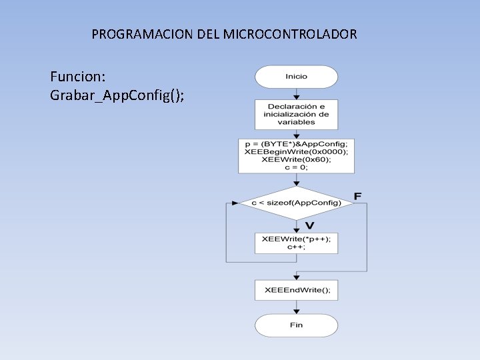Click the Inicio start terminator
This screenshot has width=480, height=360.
(296, 77)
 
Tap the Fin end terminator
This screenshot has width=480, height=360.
(296, 325)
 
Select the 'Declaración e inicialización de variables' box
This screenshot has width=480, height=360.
(296, 114)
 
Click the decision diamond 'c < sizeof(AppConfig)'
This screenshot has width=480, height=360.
(296, 203)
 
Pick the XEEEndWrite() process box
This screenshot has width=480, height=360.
(296, 290)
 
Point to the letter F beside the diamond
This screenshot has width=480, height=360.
(358, 196)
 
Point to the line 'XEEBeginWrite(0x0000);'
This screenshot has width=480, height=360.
(296, 152)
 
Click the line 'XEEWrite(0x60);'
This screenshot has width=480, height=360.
(296, 159)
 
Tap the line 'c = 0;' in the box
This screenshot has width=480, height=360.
(296, 167)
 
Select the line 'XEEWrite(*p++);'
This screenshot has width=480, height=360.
(296, 239)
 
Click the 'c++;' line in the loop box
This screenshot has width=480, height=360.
(296, 247)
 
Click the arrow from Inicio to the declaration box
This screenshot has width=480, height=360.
(296, 93)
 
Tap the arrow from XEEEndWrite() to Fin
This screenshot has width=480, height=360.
(296, 307)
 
